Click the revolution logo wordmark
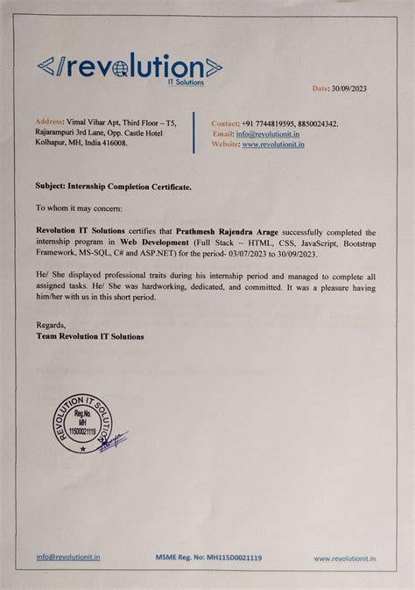pyautogui.click(x=130, y=67)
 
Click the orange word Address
pyautogui.click(x=49, y=123)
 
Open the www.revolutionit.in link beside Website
pyautogui.click(x=273, y=144)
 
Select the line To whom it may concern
pyautogui.click(x=80, y=209)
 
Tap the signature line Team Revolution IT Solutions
pyautogui.click(x=90, y=336)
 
